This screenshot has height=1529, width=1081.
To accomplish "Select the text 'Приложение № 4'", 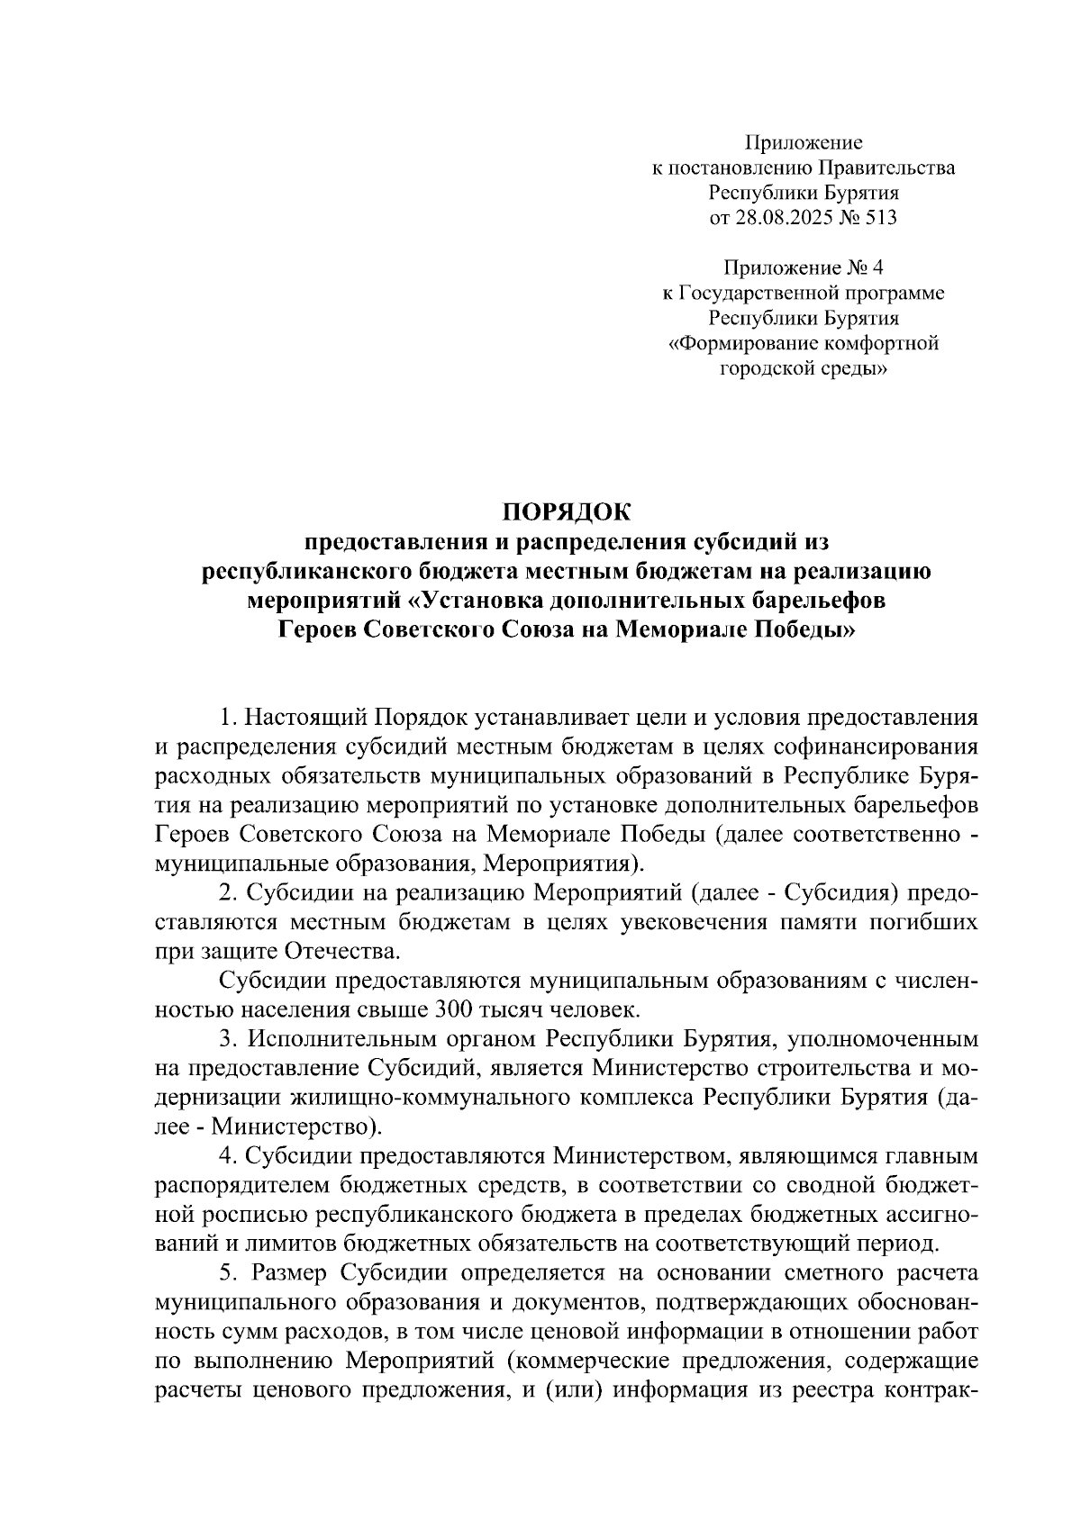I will coord(804,267).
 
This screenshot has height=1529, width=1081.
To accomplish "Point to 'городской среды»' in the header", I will coord(804,368).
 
